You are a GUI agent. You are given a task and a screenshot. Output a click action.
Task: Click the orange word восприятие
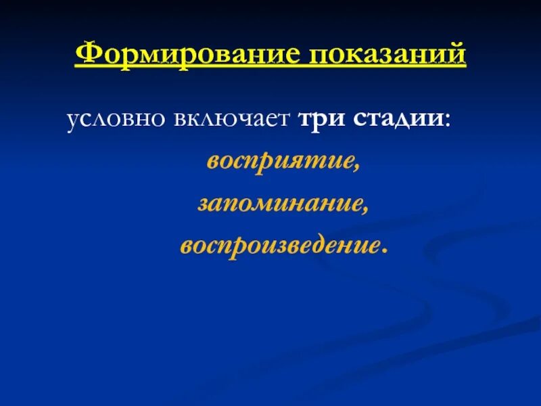coord(279,162)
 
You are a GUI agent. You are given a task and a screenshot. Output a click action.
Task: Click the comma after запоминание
coord(365,209)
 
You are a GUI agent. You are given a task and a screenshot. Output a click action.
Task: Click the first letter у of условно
coord(72,121)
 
